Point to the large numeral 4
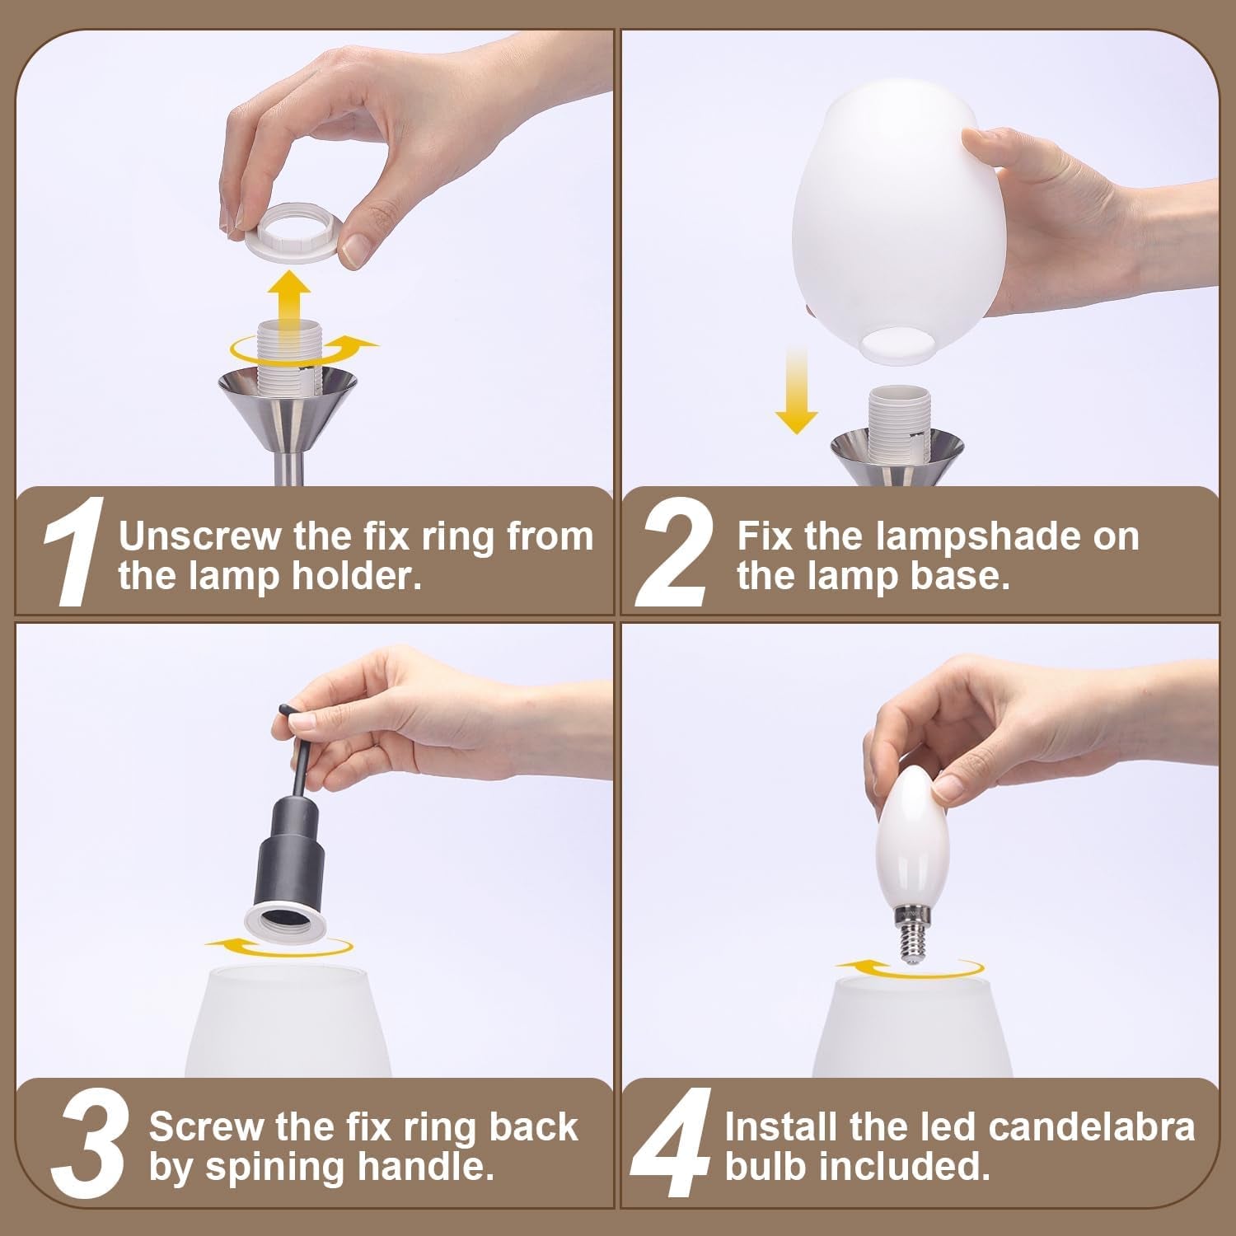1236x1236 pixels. click(x=672, y=1145)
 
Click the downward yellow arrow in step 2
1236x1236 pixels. click(x=796, y=388)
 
